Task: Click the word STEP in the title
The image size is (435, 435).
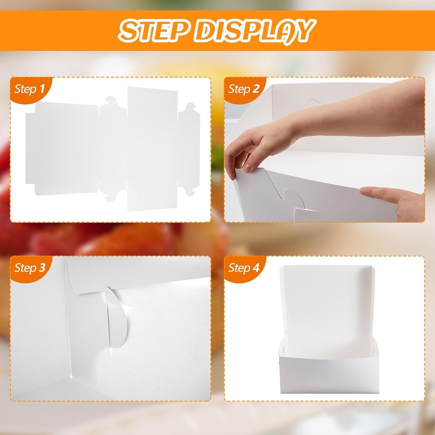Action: coord(153,31)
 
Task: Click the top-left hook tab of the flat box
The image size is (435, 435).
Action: coord(111,102)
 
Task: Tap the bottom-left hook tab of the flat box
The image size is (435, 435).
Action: coord(111,196)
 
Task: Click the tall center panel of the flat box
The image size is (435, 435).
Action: coord(152,149)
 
